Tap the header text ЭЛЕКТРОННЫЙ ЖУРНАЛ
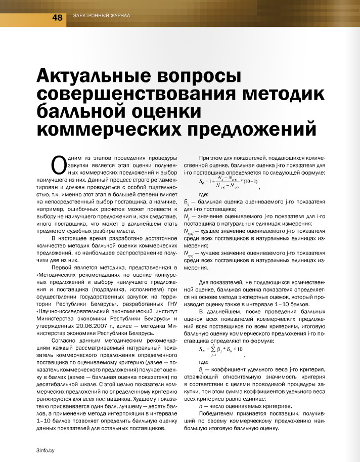tap(102, 16)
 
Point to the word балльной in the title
tap(87, 110)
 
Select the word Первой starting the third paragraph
tap(63, 267)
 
